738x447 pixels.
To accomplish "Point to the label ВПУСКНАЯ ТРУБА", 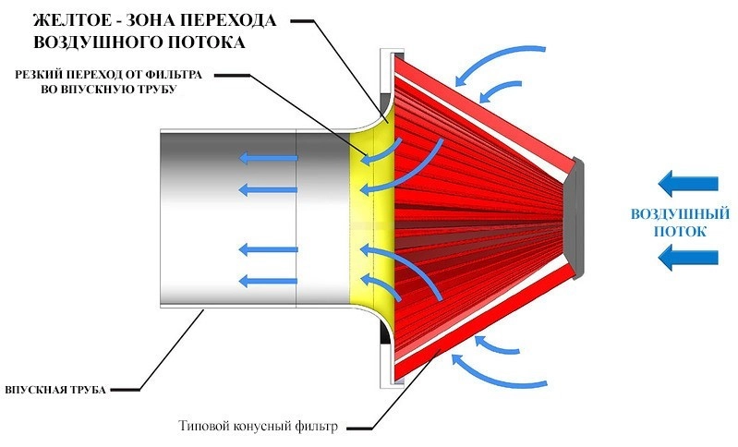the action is [55, 390].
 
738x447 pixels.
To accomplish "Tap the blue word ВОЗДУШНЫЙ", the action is [680, 214].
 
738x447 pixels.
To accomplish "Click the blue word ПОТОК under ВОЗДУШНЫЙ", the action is [681, 232].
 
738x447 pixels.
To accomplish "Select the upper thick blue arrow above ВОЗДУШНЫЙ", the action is [687, 184].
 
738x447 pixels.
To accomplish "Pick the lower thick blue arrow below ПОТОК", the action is [687, 258].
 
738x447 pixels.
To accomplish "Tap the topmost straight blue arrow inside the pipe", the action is [268, 158].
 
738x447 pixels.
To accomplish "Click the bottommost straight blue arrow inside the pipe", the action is [268, 282].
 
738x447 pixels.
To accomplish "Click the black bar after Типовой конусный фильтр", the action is [359, 429].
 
